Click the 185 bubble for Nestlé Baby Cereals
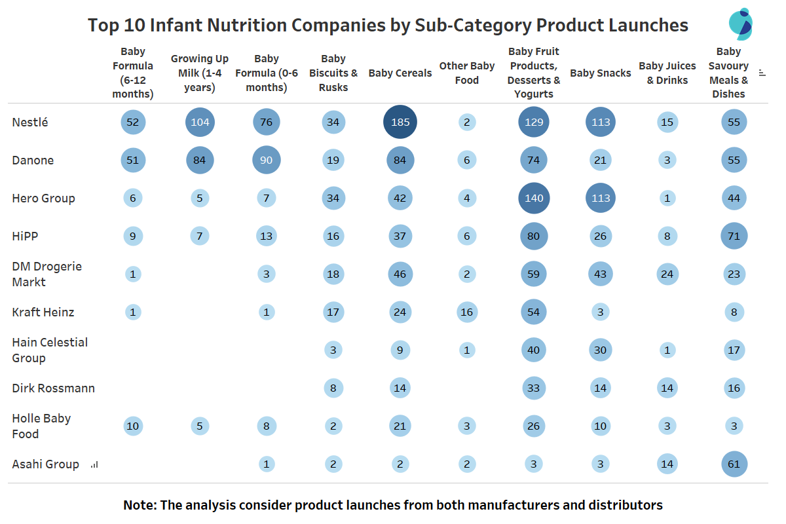coord(400,122)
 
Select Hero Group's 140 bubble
coord(534,198)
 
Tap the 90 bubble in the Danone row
coord(267,160)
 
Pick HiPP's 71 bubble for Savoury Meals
coord(734,236)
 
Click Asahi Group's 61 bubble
coord(734,464)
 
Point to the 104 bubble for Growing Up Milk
coord(200,122)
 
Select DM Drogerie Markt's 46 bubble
coord(400,274)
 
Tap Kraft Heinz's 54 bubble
coord(534,312)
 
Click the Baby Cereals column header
coord(400,73)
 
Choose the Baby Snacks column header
coord(601,73)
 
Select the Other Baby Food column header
coord(466,73)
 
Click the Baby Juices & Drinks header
coord(667,73)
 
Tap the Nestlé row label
coord(30,122)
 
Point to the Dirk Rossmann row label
coord(53,388)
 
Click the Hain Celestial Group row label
coord(50,350)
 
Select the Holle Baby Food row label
coord(41,426)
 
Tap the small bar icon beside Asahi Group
coord(94,464)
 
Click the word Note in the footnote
coord(140,505)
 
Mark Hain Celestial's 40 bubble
coord(534,350)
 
